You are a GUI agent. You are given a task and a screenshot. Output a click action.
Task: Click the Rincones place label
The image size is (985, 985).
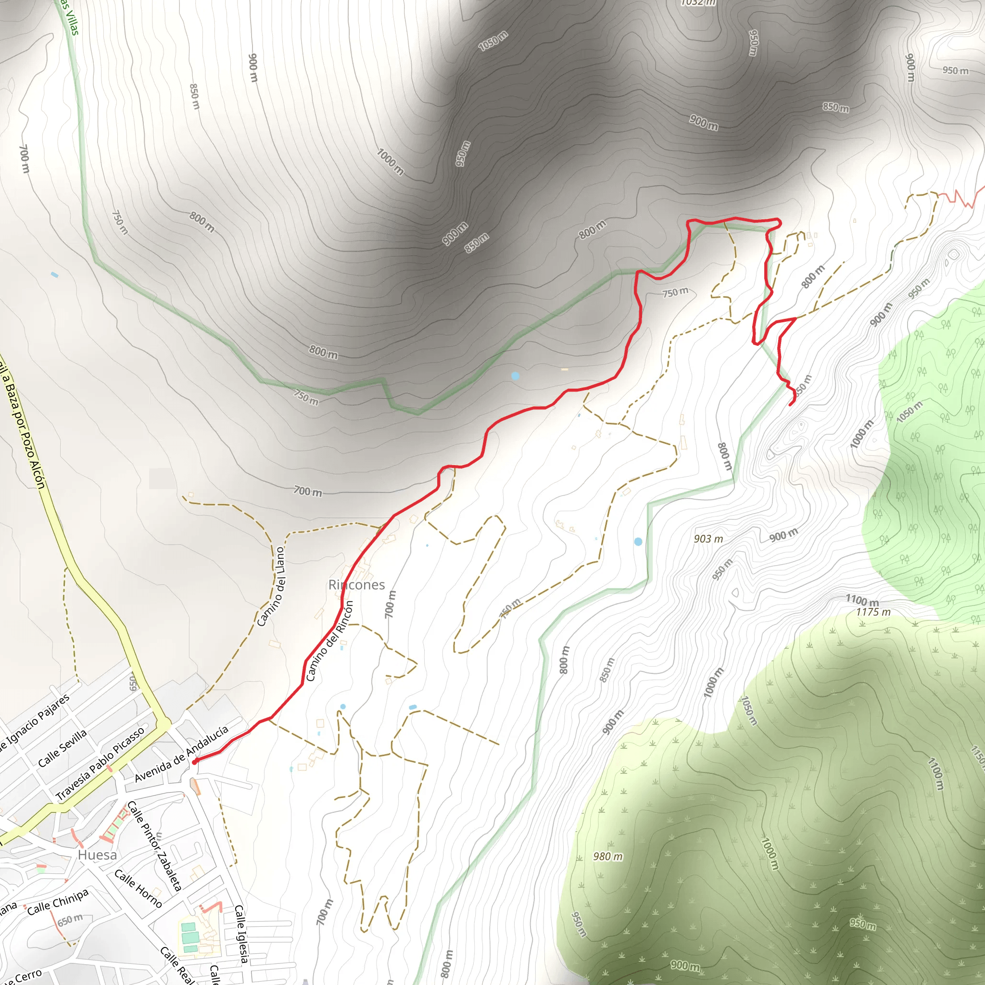tap(356, 585)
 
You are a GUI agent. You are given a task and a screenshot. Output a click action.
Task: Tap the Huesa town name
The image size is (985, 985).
tap(97, 855)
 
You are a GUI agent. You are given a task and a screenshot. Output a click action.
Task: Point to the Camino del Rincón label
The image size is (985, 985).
tap(329, 641)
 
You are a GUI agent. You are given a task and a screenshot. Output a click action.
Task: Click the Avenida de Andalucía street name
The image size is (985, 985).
tap(181, 754)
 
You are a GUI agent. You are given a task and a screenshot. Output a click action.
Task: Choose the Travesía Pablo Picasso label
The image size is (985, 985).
tap(100, 763)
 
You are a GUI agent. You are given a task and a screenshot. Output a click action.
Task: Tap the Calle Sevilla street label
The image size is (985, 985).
tap(63, 748)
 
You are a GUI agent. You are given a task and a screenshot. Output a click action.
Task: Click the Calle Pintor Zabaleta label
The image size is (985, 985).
tap(154, 846)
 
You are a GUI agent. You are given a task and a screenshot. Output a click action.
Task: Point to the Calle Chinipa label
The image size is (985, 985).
tap(58, 902)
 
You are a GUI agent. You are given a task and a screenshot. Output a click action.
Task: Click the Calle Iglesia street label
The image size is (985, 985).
tap(241, 934)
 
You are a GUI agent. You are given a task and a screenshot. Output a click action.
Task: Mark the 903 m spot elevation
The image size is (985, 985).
tap(708, 539)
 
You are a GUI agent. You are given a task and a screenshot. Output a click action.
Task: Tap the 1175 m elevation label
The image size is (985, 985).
tap(873, 612)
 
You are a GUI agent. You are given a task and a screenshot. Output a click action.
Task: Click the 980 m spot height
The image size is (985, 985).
tap(608, 857)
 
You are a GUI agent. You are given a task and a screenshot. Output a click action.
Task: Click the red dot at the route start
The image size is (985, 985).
tap(195, 762)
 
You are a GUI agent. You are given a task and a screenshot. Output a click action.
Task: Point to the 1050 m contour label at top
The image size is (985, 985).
tap(493, 41)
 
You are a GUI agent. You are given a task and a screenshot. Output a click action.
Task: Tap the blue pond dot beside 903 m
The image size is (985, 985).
tap(638, 542)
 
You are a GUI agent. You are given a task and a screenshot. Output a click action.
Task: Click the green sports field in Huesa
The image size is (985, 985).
tap(189, 936)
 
